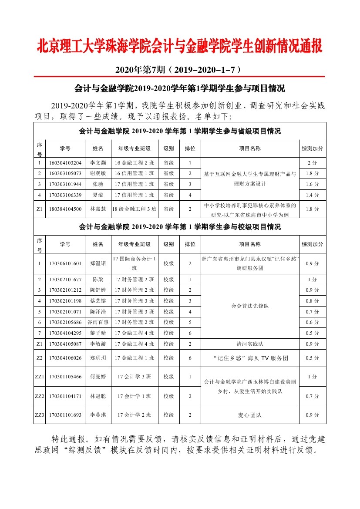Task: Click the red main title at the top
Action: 180,46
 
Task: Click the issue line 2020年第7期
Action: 179,70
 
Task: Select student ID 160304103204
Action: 65,163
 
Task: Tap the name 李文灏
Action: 98,163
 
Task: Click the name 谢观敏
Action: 98,173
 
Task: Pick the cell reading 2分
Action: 313,163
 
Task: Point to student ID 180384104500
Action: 65,209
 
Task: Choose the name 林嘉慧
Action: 98,209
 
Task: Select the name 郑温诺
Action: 98,263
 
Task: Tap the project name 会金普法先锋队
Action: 250,306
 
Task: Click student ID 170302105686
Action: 65,322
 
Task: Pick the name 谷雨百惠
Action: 98,322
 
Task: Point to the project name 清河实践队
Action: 250,344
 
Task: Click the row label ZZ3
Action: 40,415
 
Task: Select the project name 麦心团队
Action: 250,415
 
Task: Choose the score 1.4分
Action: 313,195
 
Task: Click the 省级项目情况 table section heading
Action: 180,131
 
